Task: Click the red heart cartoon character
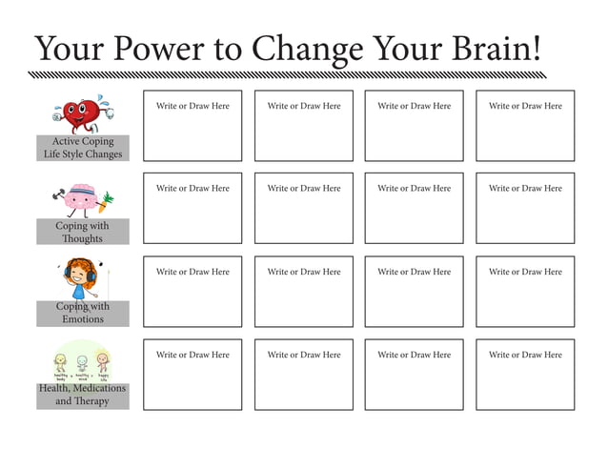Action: click(x=84, y=114)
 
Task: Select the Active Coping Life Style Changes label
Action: click(x=83, y=148)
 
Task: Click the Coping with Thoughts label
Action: click(x=83, y=232)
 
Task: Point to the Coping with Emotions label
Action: click(x=83, y=313)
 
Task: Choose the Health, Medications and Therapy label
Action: click(x=83, y=395)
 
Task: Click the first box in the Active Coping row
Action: click(x=193, y=126)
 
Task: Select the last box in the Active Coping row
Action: click(x=525, y=126)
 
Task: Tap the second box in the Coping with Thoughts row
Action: click(x=303, y=208)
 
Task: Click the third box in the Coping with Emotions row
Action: click(x=414, y=292)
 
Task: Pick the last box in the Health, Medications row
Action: click(x=525, y=375)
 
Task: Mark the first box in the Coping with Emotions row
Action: click(x=193, y=292)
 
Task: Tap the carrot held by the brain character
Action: click(x=107, y=200)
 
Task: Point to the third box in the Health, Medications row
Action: click(x=414, y=375)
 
